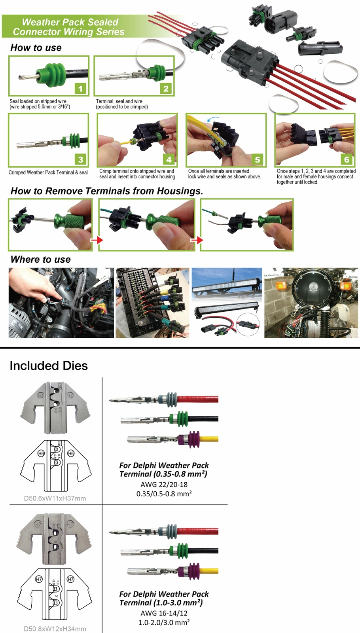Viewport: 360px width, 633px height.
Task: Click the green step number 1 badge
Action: [x=80, y=88]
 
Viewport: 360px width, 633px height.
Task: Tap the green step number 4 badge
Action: [x=169, y=159]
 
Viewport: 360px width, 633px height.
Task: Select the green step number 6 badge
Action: [x=347, y=159]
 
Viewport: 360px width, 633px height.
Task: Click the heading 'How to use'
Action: [x=36, y=48]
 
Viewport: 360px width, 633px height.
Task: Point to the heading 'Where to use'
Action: [x=41, y=260]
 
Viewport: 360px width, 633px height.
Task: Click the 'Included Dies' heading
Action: [x=49, y=366]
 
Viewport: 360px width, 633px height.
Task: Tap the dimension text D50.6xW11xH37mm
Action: [x=55, y=498]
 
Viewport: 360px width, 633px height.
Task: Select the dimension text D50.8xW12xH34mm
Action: [x=55, y=629]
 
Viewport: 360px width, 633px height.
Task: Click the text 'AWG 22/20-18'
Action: [x=164, y=484]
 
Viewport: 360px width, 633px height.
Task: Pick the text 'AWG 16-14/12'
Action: [x=164, y=613]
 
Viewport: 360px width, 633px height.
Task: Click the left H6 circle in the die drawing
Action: [x=41, y=453]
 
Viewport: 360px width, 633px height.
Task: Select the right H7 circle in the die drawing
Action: [x=70, y=579]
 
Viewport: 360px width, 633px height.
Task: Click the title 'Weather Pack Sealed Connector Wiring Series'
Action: [x=69, y=27]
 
